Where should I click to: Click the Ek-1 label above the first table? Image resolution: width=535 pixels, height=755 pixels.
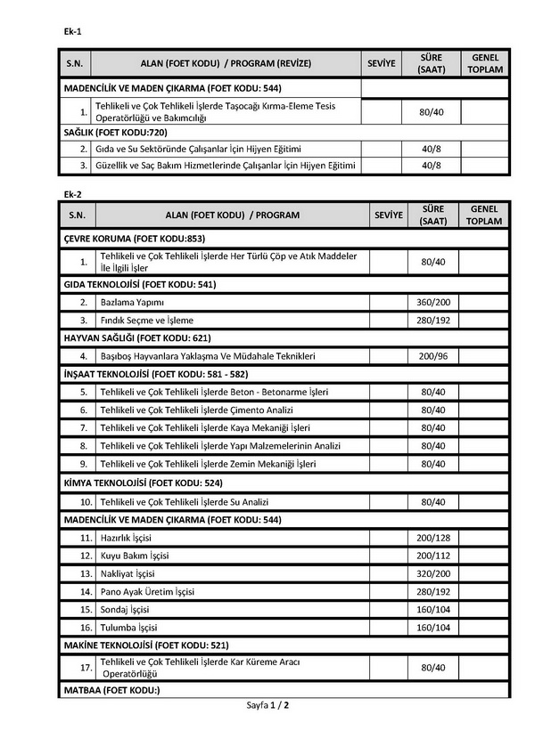pyautogui.click(x=73, y=31)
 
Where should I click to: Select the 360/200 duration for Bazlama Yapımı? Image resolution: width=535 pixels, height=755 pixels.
pyautogui.click(x=432, y=302)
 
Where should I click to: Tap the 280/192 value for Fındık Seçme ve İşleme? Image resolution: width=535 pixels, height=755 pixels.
pyautogui.click(x=432, y=320)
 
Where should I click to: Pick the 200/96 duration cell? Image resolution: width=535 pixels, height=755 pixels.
pyautogui.click(x=432, y=356)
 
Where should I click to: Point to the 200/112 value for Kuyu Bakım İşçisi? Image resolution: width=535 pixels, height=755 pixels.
pyautogui.click(x=432, y=556)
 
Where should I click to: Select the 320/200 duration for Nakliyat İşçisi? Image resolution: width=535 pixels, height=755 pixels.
pyautogui.click(x=432, y=573)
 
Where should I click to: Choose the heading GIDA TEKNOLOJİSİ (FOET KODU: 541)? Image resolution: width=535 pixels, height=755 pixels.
pyautogui.click(x=140, y=284)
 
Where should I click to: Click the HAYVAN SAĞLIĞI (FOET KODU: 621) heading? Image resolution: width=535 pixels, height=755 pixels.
pyautogui.click(x=137, y=338)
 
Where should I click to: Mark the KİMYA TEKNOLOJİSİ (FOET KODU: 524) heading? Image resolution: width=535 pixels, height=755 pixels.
pyautogui.click(x=144, y=483)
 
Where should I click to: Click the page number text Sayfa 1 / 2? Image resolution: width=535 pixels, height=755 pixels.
pyautogui.click(x=268, y=705)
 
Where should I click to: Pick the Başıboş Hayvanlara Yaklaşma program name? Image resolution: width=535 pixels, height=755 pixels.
pyautogui.click(x=208, y=356)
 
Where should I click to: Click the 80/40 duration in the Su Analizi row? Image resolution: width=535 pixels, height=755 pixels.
pyautogui.click(x=432, y=502)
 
